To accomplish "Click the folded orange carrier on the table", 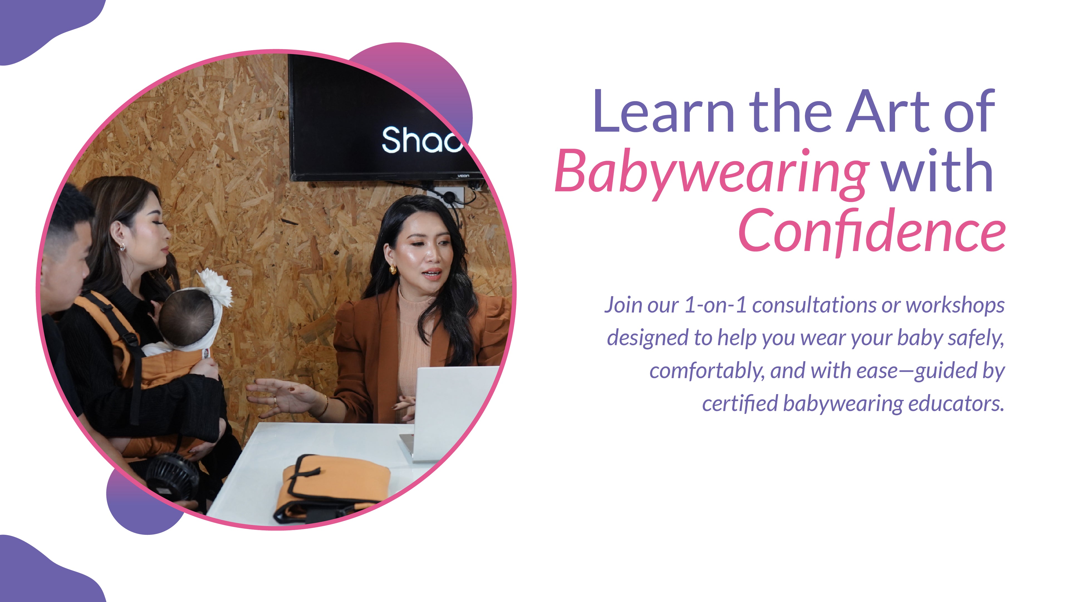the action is tap(332, 486).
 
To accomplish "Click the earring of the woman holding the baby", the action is tap(122, 247).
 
